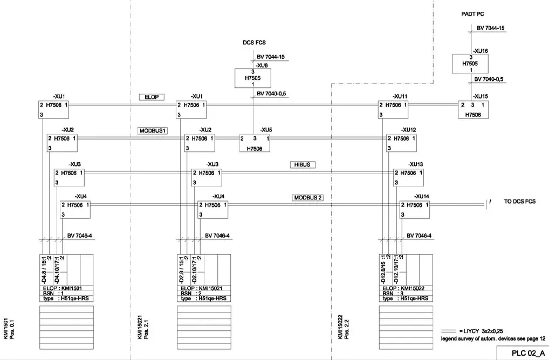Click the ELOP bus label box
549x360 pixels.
coord(151,97)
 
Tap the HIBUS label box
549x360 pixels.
coord(303,164)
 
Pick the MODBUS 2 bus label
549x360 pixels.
coord(308,198)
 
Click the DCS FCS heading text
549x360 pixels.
coord(254,42)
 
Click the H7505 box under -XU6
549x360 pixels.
coord(253,78)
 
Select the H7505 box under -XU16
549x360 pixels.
coord(470,64)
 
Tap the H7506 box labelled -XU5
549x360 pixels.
coord(255,143)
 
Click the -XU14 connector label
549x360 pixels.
coord(421,197)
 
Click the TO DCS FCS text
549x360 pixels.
coord(519,201)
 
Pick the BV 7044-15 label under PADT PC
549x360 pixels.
coord(490,27)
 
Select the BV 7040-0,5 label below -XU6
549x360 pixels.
coord(271,93)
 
